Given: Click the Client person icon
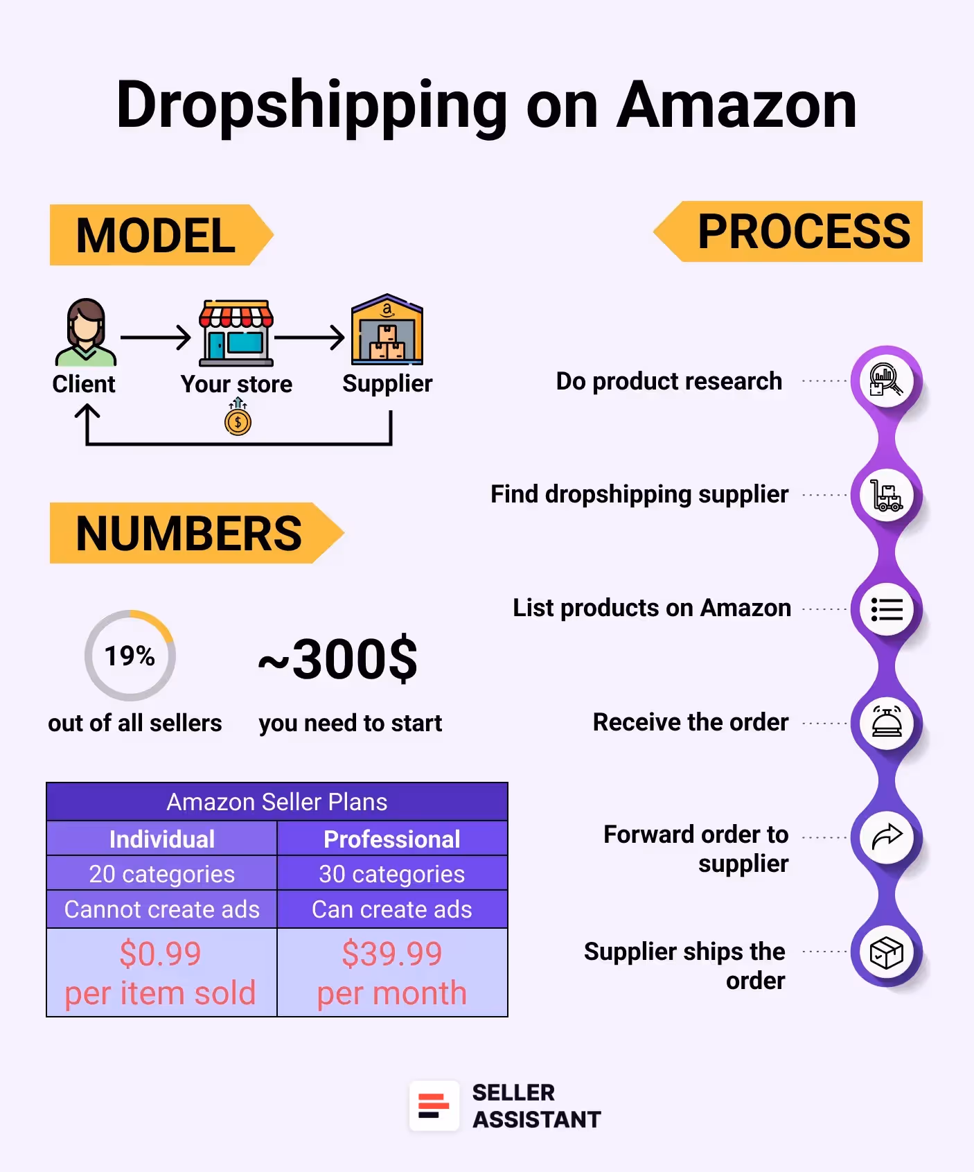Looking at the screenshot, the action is [x=85, y=333].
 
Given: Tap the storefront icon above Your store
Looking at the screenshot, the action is [x=236, y=333].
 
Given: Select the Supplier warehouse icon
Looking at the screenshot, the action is [x=387, y=331].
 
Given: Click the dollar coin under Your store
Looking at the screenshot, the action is [x=238, y=421].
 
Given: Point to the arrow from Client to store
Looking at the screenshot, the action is [x=155, y=338].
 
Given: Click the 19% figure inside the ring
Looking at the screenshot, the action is [x=130, y=656].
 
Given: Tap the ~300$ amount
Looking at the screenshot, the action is [x=338, y=659].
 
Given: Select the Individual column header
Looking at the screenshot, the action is [x=162, y=839].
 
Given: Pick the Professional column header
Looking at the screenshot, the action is [x=392, y=839].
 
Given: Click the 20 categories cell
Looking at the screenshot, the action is [x=162, y=874].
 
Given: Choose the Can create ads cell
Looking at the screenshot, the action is [x=392, y=909].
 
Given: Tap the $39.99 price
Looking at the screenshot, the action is [x=392, y=954].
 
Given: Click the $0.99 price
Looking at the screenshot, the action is [x=161, y=954].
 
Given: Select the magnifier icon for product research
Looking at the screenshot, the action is [x=886, y=380].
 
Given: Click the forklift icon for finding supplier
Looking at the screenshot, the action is [x=886, y=495].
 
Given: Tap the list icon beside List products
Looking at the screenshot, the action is [x=887, y=609].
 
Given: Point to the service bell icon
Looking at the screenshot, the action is [x=887, y=723].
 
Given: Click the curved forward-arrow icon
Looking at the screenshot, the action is [x=887, y=837].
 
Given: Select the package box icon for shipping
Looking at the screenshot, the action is [x=887, y=952].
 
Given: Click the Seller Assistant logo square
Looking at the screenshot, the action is [x=434, y=1105].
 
